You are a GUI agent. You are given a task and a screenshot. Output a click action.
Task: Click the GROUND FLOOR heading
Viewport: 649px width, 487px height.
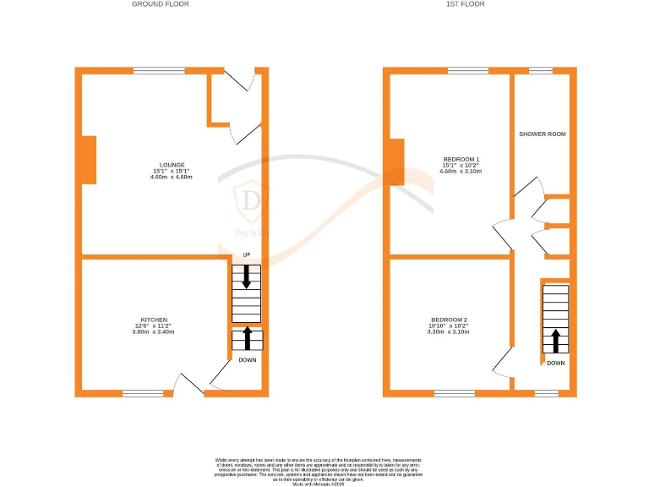[x=161, y=4]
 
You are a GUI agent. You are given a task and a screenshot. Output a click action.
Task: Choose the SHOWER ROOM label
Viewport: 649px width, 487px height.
[x=543, y=134]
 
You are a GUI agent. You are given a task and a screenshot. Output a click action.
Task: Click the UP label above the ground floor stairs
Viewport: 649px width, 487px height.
[x=247, y=254]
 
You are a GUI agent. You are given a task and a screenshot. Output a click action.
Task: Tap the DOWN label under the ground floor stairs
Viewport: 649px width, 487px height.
[x=247, y=359]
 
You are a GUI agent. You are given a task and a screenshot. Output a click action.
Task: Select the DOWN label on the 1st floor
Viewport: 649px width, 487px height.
[x=555, y=363]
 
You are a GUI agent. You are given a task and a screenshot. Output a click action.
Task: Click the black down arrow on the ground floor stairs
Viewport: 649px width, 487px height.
[x=247, y=277]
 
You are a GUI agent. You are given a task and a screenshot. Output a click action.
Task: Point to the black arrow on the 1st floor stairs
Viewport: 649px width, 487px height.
[x=555, y=341]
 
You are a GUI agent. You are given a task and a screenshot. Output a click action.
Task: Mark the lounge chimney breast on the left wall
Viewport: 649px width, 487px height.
[x=89, y=160]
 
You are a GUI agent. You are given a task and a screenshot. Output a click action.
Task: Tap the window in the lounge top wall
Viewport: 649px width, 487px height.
[x=159, y=71]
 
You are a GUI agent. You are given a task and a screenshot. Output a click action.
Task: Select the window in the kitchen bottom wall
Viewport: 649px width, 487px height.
[x=143, y=392]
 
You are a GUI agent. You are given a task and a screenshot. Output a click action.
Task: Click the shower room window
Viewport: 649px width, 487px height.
[x=541, y=71]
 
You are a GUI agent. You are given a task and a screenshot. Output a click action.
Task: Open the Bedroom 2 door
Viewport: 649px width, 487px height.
[x=503, y=362]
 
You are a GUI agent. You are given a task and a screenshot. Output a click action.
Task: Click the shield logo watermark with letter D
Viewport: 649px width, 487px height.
[x=251, y=201]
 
